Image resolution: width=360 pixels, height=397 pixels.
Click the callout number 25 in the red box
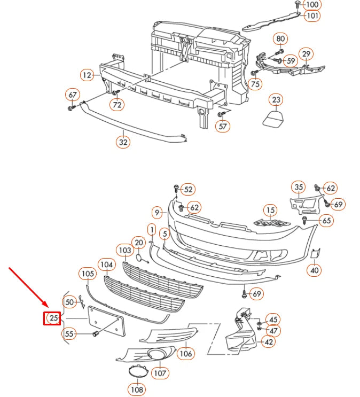(x=53, y=318)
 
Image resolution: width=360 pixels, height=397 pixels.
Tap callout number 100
(x=312, y=5)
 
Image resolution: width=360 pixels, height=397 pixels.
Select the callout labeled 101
(x=312, y=15)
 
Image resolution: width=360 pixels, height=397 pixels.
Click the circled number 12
(x=88, y=75)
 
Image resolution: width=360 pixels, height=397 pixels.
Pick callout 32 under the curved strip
(x=123, y=142)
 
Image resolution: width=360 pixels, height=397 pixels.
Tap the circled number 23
(x=276, y=100)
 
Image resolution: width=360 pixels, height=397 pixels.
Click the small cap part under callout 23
(x=273, y=118)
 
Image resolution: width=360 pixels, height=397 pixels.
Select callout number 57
(x=223, y=126)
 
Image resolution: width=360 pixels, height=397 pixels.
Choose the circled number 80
(x=280, y=38)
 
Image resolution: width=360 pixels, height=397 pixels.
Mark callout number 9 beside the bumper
(x=157, y=213)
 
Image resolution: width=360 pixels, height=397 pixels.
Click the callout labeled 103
(x=125, y=250)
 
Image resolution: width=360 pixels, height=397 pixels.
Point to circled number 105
(x=88, y=274)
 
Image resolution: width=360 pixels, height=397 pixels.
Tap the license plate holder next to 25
(x=106, y=321)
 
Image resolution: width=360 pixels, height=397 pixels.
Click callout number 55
(x=69, y=334)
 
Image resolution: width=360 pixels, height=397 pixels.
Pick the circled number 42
(x=269, y=342)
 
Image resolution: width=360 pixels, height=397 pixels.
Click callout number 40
(x=314, y=270)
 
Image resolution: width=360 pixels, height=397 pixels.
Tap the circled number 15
(x=270, y=210)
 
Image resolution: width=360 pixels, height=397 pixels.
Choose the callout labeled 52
(x=188, y=189)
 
